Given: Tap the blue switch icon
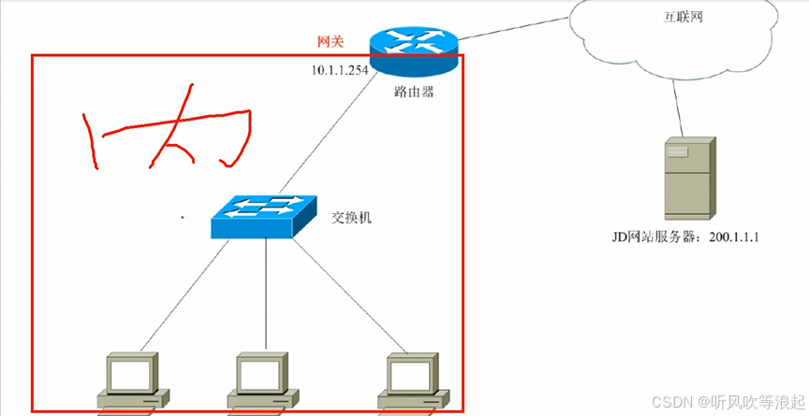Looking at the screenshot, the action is [264, 216].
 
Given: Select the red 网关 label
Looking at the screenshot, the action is [331, 42].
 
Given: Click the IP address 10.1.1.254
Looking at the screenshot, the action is [340, 70].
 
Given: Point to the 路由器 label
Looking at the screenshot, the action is [414, 93].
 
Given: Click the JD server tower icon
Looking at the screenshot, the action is [690, 179].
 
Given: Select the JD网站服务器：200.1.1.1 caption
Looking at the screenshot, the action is [685, 237].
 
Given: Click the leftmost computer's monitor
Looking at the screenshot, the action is [132, 372].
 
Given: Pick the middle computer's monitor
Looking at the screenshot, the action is [261, 372].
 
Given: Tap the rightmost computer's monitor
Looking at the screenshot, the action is [412, 372].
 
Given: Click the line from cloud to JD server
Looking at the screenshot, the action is [679, 108].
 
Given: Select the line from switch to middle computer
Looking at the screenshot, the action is [266, 294].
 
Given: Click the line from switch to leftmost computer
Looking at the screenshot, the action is [184, 295].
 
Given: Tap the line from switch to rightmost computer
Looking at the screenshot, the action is [350, 295].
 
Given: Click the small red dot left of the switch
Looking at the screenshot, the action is [183, 218].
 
